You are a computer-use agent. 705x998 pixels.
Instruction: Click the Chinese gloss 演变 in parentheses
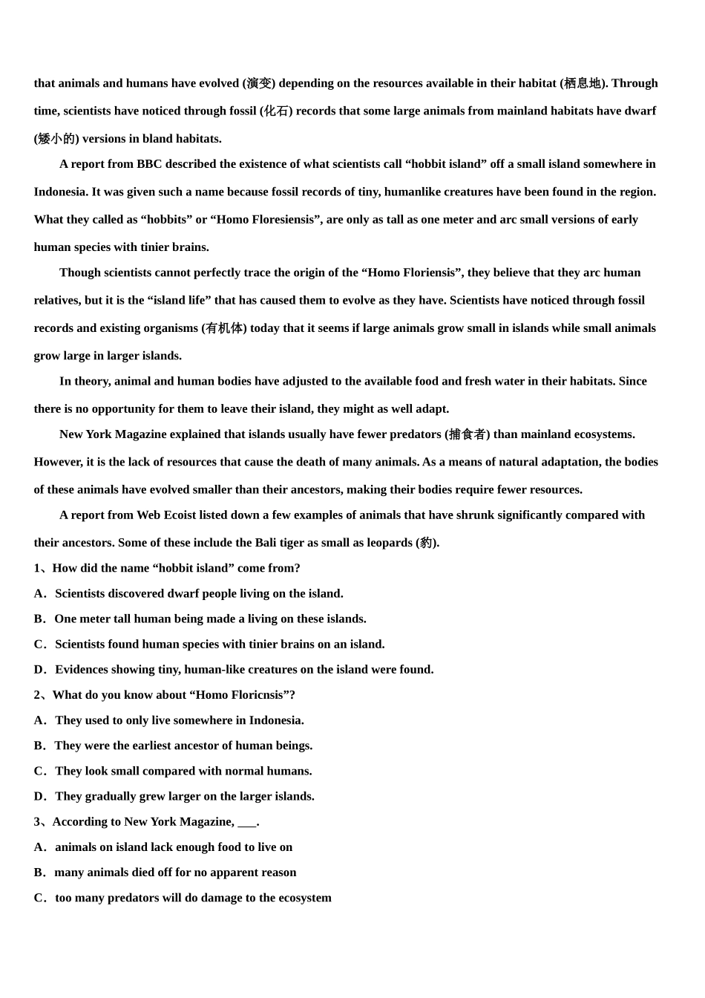(x=259, y=83)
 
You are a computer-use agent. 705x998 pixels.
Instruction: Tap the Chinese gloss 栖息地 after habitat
(x=583, y=83)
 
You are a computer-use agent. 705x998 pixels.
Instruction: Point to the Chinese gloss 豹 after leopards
(x=426, y=543)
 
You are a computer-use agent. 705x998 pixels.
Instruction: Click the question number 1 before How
(x=37, y=568)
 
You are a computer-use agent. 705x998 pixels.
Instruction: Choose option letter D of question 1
(x=39, y=670)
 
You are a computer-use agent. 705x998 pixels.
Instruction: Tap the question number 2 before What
(x=37, y=695)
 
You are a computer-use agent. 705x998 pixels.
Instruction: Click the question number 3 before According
(x=37, y=821)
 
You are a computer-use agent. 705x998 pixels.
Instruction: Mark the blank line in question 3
(x=247, y=822)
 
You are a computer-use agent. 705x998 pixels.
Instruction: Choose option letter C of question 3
(x=39, y=898)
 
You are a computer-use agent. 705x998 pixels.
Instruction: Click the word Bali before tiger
(x=266, y=543)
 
